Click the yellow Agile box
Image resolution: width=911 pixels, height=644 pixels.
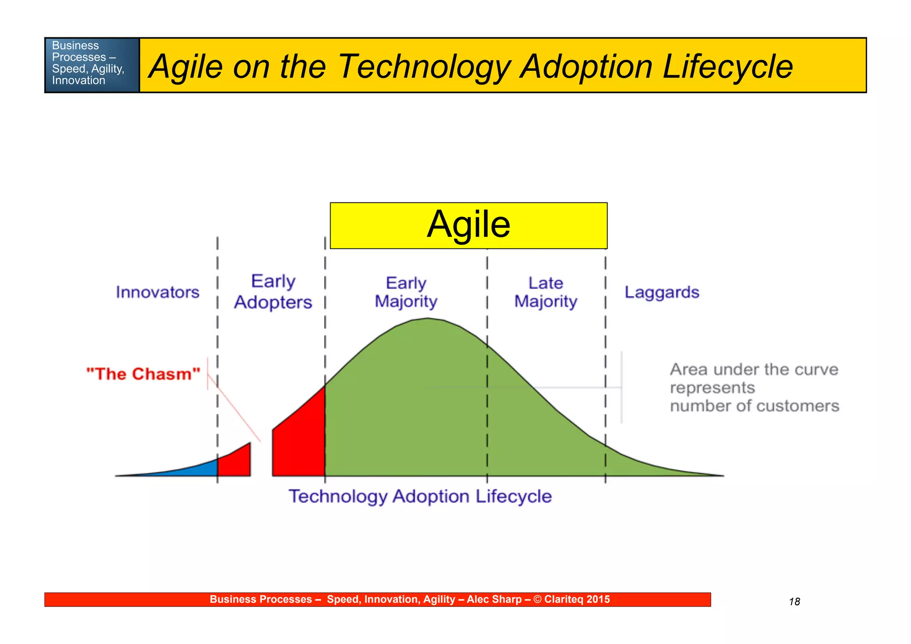click(468, 225)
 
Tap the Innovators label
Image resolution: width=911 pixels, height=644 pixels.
click(157, 292)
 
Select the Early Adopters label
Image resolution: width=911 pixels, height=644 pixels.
click(273, 292)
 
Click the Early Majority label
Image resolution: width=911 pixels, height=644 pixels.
click(406, 292)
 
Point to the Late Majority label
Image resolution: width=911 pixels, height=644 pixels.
click(545, 292)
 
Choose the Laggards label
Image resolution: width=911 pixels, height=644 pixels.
click(661, 292)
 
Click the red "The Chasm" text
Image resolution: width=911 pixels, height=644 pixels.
click(143, 374)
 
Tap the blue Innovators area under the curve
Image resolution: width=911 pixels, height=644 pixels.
click(196, 470)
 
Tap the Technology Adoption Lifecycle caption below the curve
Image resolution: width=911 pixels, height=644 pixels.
click(420, 496)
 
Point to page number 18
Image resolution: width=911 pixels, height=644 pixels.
click(794, 602)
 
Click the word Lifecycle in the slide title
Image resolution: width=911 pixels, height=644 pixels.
click(727, 67)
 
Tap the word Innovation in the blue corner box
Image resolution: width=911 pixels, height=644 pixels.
click(79, 81)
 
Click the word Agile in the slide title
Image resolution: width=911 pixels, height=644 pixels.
click(186, 67)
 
